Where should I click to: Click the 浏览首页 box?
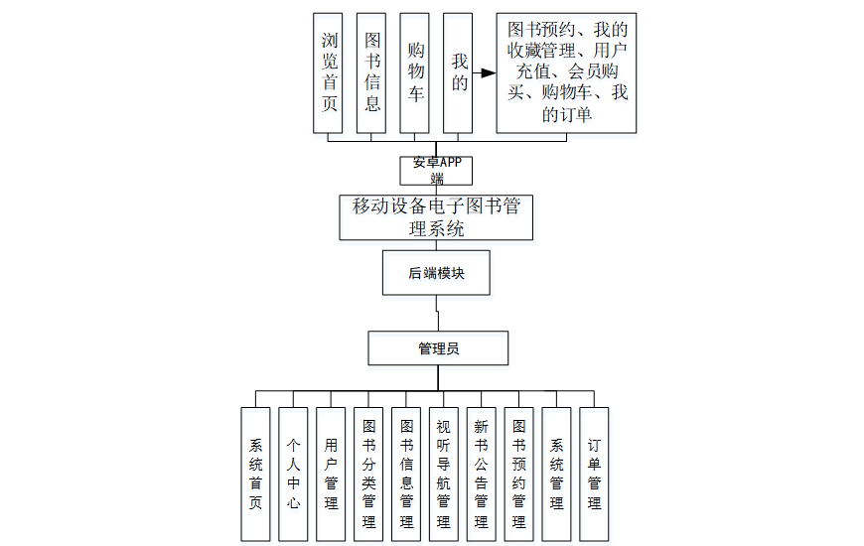click(328, 72)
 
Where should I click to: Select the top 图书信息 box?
click(372, 72)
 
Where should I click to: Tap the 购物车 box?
click(415, 72)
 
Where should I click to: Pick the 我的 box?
click(458, 72)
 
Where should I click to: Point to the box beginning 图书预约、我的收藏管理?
click(566, 72)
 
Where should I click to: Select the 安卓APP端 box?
click(437, 170)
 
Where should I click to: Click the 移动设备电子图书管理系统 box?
click(436, 217)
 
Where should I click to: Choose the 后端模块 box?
click(436, 273)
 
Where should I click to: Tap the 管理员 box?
click(438, 348)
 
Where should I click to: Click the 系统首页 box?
click(255, 475)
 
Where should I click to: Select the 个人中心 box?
click(293, 475)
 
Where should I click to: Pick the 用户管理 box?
click(331, 475)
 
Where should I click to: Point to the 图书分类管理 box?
click(368, 475)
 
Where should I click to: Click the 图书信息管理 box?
click(406, 475)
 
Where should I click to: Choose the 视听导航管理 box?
click(443, 475)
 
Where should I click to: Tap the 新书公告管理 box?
click(481, 475)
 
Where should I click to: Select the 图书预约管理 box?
click(518, 475)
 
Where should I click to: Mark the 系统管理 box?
click(556, 475)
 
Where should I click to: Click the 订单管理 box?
click(594, 475)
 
